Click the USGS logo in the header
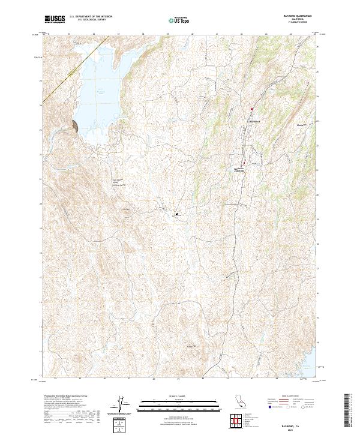pyautogui.click(x=55, y=19)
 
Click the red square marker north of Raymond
pyautogui.click(x=252, y=109)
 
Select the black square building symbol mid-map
pyautogui.click(x=176, y=213)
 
